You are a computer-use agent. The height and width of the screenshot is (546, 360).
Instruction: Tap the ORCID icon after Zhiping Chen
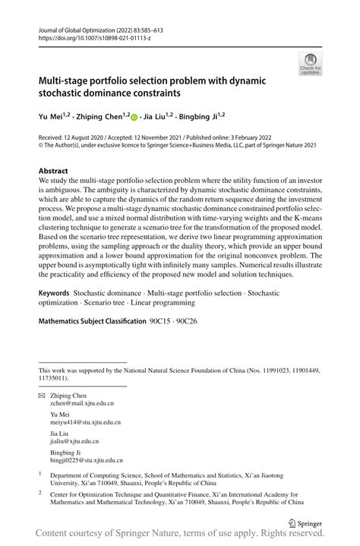(134, 118)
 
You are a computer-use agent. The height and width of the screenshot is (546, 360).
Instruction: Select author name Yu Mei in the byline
(49, 118)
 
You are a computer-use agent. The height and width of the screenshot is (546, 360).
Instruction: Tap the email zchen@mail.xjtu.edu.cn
(82, 406)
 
